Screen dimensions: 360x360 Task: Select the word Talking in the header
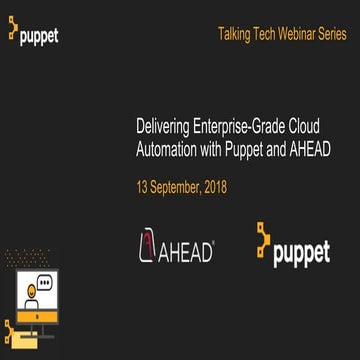pyautogui.click(x=232, y=34)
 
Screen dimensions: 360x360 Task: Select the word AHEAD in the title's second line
pyautogui.click(x=310, y=150)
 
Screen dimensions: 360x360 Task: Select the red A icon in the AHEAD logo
pyautogui.click(x=150, y=248)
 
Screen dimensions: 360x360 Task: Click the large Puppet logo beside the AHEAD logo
pyautogui.click(x=291, y=246)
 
